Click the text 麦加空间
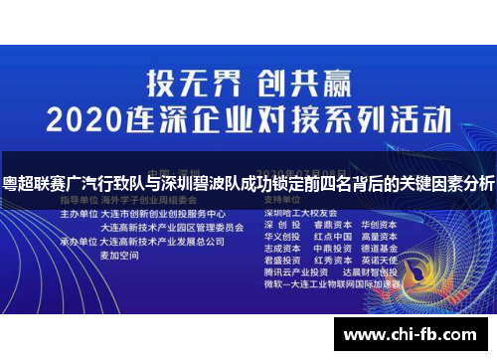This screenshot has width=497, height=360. [x=120, y=256]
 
